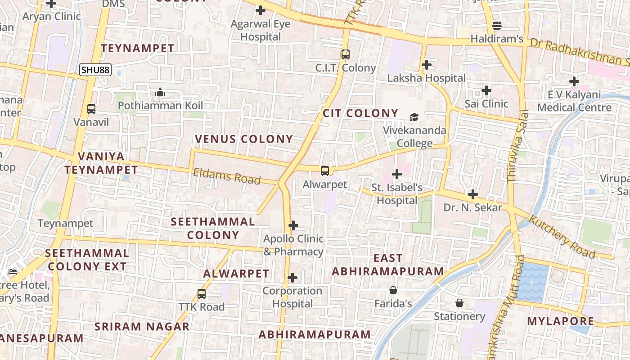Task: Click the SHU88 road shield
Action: tap(95, 70)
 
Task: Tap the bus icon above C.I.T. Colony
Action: tap(345, 54)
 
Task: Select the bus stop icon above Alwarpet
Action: tap(325, 171)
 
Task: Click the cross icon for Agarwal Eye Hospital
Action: tap(260, 10)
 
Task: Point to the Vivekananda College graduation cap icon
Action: tap(414, 117)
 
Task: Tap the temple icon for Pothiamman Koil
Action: tap(160, 92)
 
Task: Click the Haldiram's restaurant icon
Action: tap(497, 25)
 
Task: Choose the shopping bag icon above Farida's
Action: tap(393, 290)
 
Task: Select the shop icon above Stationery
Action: tap(459, 303)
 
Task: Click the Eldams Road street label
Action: tap(227, 176)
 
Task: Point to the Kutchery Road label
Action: tap(562, 236)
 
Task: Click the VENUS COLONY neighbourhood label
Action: tap(244, 139)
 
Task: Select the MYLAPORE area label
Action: tap(561, 321)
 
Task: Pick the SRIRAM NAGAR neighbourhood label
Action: tap(142, 327)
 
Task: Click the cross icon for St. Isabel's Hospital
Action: tap(396, 174)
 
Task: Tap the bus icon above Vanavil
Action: tap(91, 108)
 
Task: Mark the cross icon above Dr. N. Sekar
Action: tap(472, 194)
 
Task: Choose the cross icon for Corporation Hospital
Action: tap(292, 278)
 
